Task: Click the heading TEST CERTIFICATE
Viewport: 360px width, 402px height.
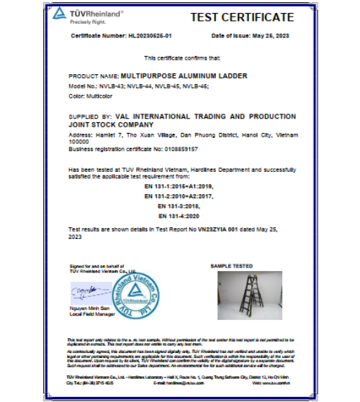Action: click(241, 17)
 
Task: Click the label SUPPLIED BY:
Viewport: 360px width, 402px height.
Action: click(90, 116)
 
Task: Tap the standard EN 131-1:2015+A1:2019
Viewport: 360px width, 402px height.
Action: click(179, 186)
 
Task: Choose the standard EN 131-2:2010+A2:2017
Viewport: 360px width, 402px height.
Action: click(179, 196)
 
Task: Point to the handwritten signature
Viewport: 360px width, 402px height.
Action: click(86, 289)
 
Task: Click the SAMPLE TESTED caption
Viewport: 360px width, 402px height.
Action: click(235, 265)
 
